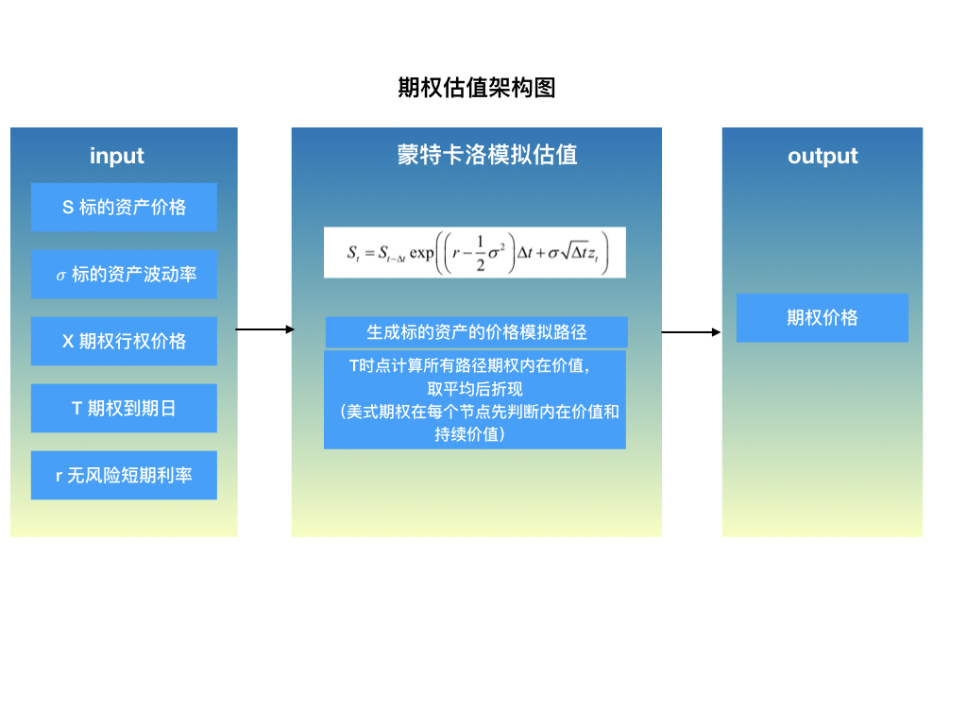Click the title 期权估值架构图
click(x=476, y=88)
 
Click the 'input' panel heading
click(x=117, y=156)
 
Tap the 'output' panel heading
click(x=823, y=156)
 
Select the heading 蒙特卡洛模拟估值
click(x=487, y=155)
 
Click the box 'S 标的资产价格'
click(x=124, y=207)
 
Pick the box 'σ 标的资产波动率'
click(x=124, y=275)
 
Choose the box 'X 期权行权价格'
click(x=124, y=341)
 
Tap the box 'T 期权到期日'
click(x=124, y=409)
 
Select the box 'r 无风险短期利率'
click(x=124, y=475)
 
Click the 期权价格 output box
click(x=822, y=317)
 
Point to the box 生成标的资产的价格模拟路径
click(x=476, y=332)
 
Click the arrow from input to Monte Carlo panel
click(x=264, y=329)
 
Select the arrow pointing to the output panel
click(x=690, y=332)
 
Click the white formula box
click(x=474, y=252)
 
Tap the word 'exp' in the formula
click(x=421, y=254)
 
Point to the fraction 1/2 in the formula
click(x=479, y=253)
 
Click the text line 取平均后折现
click(x=474, y=389)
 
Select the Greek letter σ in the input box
click(x=61, y=276)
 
